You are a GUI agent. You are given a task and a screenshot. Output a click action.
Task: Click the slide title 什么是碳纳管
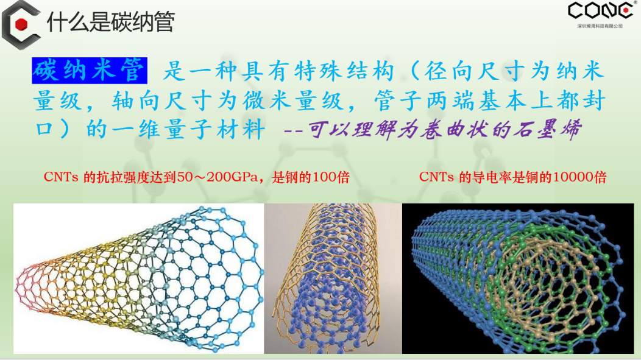coord(111,21)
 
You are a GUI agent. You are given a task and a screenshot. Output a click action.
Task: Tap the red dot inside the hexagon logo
coord(21,24)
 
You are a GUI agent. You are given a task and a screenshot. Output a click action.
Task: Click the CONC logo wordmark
coord(601,10)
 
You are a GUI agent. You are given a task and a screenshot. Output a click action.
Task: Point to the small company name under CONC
coord(600,26)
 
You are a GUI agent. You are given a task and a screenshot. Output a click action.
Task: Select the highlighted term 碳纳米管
coord(90,70)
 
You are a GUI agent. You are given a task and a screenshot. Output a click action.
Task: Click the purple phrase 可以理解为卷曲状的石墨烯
coord(445,130)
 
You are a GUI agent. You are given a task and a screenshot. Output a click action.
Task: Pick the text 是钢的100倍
coord(311,177)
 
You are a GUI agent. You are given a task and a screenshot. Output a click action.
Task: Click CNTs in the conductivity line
coord(436,177)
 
